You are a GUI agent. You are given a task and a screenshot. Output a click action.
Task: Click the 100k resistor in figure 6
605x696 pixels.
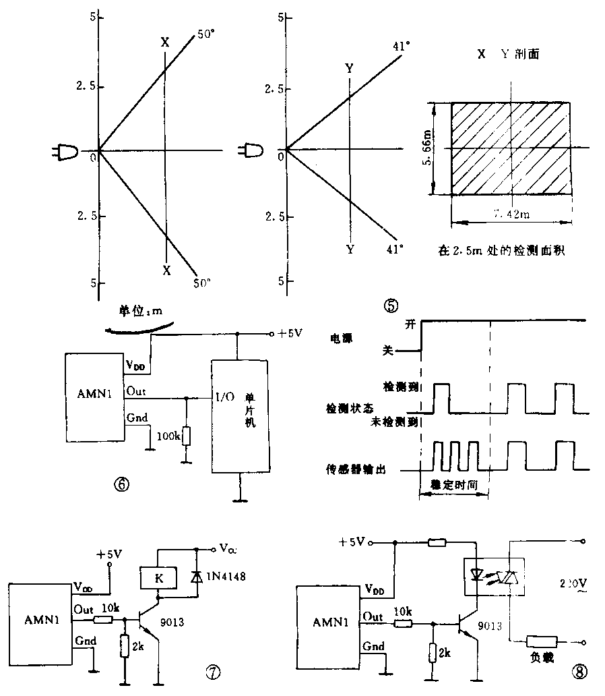coord(185,436)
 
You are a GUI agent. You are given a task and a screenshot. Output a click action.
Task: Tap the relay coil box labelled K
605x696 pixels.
coord(158,578)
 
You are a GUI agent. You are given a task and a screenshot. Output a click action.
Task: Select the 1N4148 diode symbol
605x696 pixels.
coord(196,577)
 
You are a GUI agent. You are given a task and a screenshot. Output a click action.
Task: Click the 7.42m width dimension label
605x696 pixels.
coord(512,214)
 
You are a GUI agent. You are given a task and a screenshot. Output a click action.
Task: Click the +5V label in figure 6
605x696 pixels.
coord(292,333)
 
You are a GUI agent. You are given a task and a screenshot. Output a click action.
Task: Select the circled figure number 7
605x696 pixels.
coord(212,671)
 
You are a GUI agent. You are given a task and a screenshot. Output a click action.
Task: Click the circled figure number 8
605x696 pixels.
coord(579,672)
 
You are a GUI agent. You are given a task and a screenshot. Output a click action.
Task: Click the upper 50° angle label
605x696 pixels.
coord(206,34)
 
